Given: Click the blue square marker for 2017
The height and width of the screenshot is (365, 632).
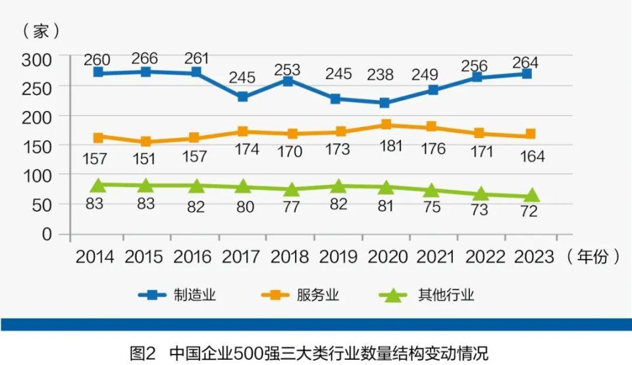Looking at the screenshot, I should [243, 97].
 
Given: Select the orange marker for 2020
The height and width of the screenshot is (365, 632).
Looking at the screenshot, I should [386, 124].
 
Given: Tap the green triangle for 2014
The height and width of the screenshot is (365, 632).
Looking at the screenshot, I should [99, 185].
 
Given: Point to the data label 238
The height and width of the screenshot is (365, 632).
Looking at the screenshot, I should [385, 74].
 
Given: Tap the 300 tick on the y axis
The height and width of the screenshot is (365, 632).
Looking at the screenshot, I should [37, 59].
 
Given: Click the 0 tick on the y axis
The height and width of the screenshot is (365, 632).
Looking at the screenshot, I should [47, 234].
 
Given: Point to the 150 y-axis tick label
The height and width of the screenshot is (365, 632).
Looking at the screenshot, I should [37, 147].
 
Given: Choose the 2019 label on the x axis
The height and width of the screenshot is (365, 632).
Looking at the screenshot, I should [338, 256].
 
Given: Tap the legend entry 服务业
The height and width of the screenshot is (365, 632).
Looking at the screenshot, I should [319, 295].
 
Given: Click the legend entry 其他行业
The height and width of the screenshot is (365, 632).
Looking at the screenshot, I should [445, 295].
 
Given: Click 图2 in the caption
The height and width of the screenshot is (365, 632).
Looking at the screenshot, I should [142, 353].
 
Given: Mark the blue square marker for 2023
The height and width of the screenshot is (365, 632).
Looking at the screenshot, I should [527, 74].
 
